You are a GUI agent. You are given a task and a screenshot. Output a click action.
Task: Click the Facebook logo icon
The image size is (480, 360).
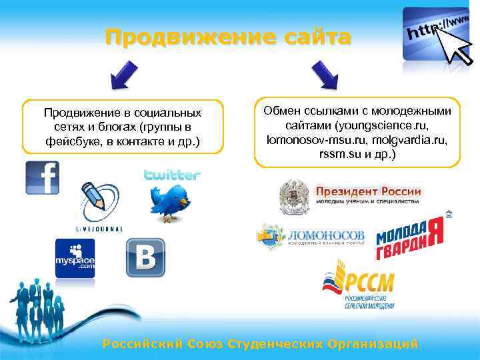click(x=42, y=178)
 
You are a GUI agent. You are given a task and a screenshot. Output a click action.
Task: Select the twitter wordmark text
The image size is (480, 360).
click(x=172, y=175)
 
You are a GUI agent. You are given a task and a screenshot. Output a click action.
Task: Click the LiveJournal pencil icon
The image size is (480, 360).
click(x=99, y=203)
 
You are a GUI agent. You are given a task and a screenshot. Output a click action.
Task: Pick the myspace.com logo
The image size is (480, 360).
click(x=75, y=258)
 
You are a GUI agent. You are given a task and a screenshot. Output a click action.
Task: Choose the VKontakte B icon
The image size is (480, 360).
click(x=145, y=258)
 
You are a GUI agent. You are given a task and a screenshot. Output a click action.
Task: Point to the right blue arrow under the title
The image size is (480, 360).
click(x=323, y=77)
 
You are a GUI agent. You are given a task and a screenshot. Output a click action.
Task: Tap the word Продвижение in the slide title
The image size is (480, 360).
click(x=183, y=37)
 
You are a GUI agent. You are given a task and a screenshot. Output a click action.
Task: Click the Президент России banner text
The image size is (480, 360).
click(x=368, y=191)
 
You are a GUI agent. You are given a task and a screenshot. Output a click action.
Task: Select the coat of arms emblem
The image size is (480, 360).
click(x=293, y=197)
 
